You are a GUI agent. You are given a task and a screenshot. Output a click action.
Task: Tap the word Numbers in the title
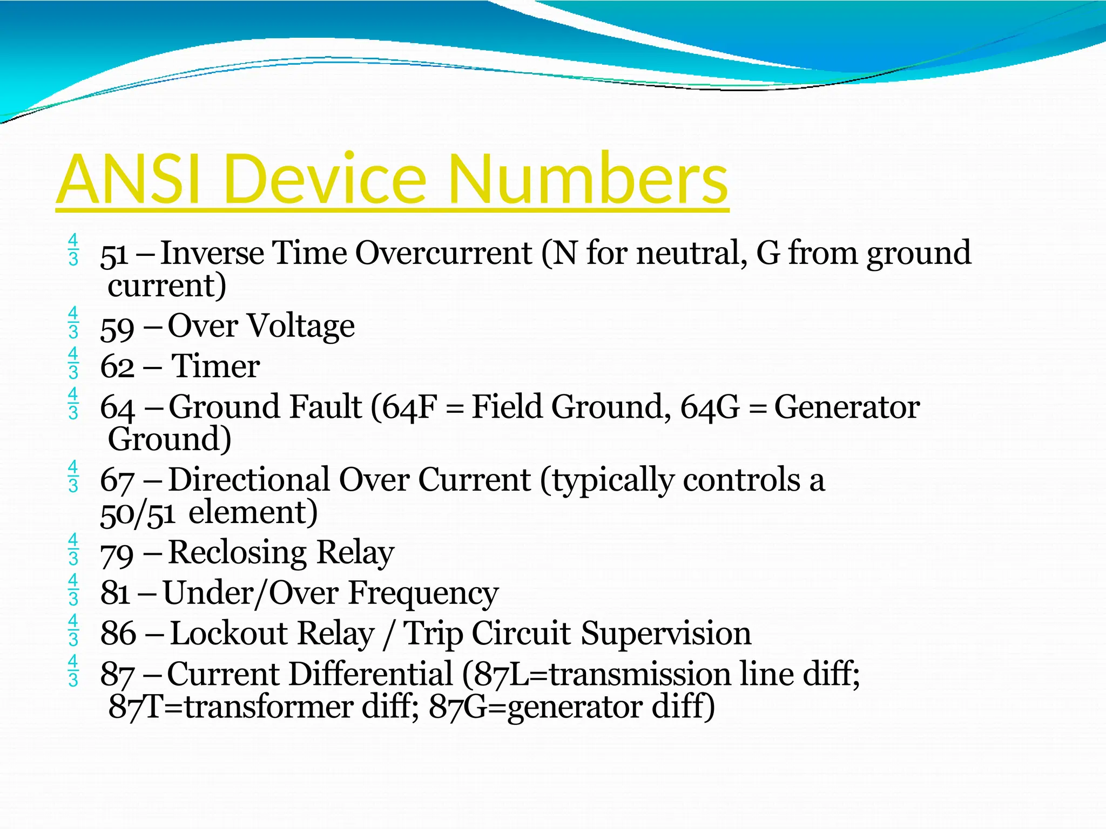588,179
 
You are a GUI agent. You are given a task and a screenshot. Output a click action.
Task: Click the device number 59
117,328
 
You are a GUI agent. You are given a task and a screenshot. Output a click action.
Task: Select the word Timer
215,366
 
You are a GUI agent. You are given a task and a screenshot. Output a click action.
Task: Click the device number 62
117,367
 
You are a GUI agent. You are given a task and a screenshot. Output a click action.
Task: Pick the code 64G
709,407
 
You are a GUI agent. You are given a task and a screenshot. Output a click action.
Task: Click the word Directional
249,480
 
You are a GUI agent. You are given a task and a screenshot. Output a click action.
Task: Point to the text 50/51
138,513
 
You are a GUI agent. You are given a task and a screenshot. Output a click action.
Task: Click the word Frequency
423,594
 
